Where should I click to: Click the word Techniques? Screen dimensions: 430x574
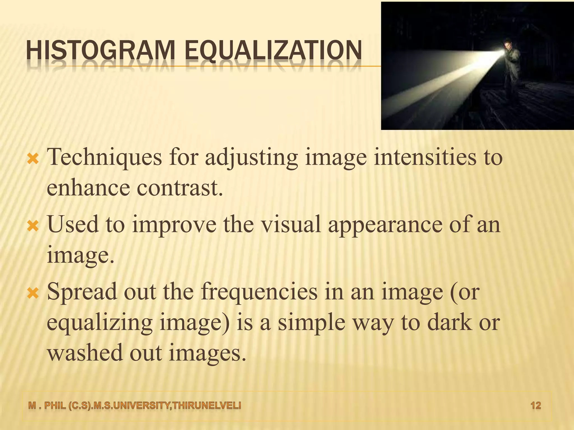point(104,157)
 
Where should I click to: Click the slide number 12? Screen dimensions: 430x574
point(536,405)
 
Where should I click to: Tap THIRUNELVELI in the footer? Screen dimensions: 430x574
point(207,405)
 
